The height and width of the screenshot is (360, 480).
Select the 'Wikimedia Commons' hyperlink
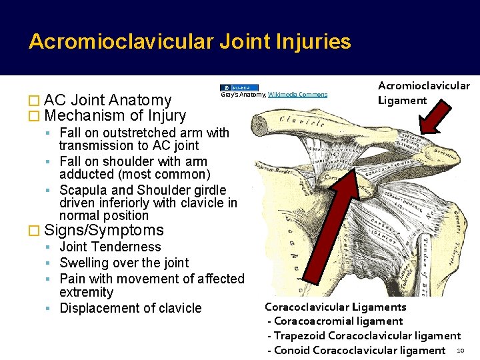tap(303, 94)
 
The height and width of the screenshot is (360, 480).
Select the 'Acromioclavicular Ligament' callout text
tap(423, 93)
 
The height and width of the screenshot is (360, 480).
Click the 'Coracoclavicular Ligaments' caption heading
tap(335, 307)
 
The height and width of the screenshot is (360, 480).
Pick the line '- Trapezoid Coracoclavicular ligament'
tap(364, 336)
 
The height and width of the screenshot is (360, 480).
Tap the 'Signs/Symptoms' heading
tap(103, 231)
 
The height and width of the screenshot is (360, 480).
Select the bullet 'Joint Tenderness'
tap(111, 247)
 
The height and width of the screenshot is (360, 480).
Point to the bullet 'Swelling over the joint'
tap(125, 263)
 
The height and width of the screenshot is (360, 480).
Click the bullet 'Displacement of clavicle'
tap(131, 308)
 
